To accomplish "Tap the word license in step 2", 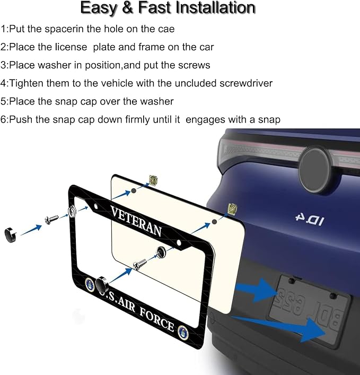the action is [71, 47].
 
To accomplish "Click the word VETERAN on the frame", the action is [136, 221].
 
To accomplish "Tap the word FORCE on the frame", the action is [157, 319].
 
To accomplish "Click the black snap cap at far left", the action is [10, 235].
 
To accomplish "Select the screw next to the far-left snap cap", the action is [51, 220].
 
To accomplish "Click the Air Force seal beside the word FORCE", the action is [183, 333].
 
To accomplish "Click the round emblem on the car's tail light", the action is [315, 169].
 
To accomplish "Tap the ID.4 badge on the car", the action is [310, 220].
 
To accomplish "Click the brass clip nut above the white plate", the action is [153, 180].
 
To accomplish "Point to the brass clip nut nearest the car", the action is [231, 208].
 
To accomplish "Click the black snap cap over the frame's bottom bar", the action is [102, 284].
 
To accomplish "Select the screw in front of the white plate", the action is [140, 264].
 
